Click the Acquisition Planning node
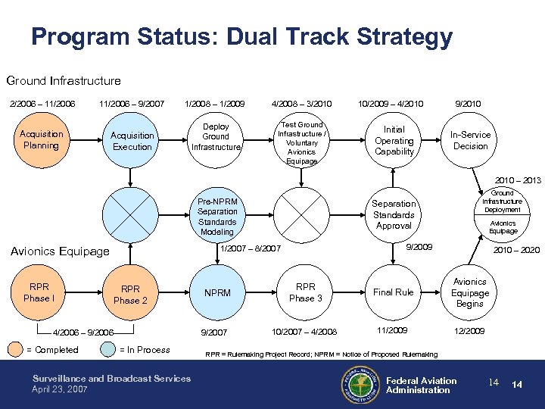click(41, 140)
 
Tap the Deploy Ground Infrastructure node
click(216, 136)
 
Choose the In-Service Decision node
click(470, 140)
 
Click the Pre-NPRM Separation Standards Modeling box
click(217, 217)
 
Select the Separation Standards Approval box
click(394, 214)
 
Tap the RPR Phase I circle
click(38, 292)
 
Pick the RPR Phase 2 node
click(130, 295)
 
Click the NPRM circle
click(217, 293)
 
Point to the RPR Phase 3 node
click(306, 292)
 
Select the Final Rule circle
click(394, 292)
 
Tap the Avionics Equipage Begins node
click(470, 293)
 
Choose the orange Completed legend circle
click(15, 350)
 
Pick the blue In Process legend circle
click(107, 350)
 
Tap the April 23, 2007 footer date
click(60, 389)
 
